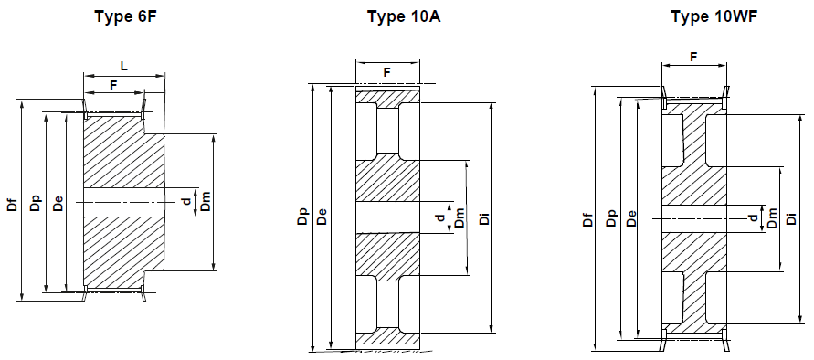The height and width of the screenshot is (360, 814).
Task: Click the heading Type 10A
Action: pos(404,16)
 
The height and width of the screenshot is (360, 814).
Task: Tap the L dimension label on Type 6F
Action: pos(124,64)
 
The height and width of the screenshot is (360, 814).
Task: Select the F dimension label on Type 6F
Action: pos(113,84)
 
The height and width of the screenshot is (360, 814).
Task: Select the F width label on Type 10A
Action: pos(386,71)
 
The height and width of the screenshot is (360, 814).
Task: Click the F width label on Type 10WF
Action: pos(693,57)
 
